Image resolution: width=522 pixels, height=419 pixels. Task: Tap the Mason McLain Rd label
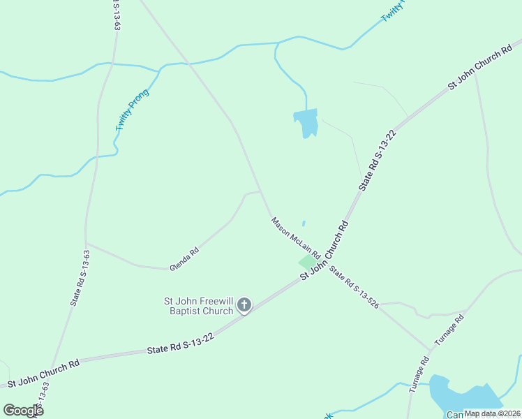pos(295,237)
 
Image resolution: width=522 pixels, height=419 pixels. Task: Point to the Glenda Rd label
pos(184,258)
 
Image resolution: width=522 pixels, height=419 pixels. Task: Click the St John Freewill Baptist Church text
pos(198,306)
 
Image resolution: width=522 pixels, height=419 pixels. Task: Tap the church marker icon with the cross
pos(244,304)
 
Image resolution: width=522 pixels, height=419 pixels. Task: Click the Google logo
pos(23,411)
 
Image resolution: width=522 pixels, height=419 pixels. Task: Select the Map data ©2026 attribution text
pos(492,413)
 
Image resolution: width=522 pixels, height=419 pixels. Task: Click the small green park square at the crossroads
pos(306,261)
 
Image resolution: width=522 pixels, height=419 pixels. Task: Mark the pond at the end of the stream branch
pos(306,123)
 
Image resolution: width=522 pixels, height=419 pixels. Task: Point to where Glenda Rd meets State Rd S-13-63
pos(86,243)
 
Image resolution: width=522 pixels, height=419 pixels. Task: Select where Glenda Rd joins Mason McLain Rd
pos(261,191)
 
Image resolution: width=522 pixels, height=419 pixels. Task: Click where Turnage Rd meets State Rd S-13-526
pos(429,349)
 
